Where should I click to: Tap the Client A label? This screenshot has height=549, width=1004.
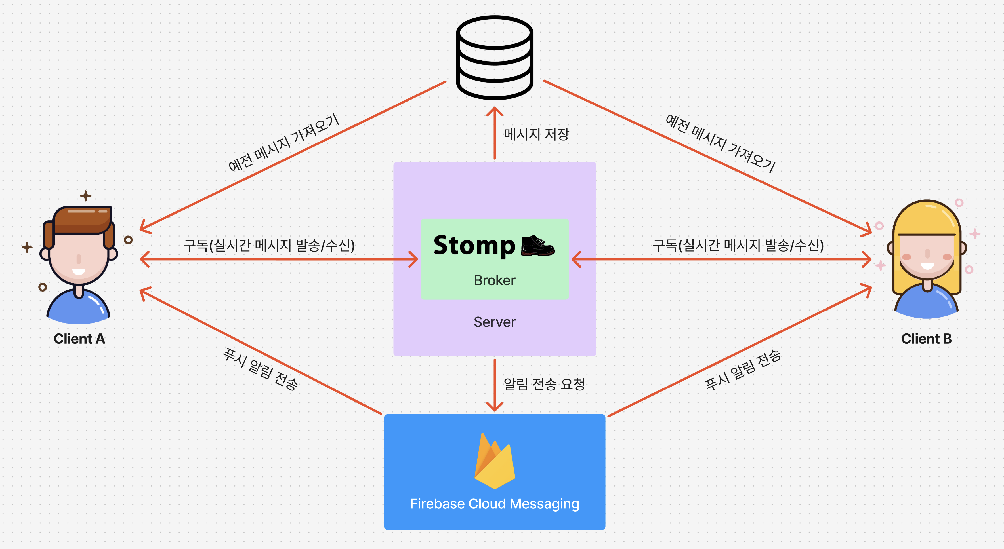[x=79, y=339]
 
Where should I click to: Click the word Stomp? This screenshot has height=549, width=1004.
[x=474, y=246]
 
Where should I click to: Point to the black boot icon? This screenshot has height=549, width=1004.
[x=537, y=246]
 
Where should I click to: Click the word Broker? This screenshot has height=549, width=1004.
[x=494, y=280]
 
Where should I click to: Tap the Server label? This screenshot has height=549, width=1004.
[x=494, y=322]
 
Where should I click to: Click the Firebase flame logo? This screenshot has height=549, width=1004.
[x=494, y=461]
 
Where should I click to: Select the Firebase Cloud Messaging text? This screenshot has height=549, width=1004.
[x=494, y=504]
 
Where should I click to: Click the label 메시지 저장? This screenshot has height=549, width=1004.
[x=536, y=134]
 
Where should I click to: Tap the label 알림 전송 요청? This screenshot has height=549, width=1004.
[x=544, y=384]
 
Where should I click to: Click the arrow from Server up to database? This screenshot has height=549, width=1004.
[x=495, y=132]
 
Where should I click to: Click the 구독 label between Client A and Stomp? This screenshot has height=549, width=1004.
[x=269, y=245]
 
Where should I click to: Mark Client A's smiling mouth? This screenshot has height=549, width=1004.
[x=79, y=271]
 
